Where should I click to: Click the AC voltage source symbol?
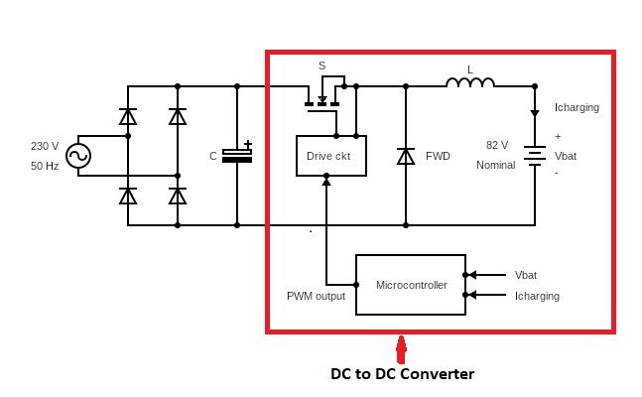click(77, 156)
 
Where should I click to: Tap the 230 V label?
click(45, 146)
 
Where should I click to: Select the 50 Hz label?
click(45, 165)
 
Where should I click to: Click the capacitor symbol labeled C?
click(237, 155)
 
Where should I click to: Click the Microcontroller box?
click(411, 285)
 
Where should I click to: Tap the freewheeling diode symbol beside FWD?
click(405, 156)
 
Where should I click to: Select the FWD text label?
click(438, 156)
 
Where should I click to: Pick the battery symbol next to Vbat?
click(535, 156)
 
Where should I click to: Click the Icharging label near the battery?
click(577, 108)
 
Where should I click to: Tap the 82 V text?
click(497, 145)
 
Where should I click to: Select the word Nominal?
click(495, 165)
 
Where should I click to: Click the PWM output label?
click(316, 296)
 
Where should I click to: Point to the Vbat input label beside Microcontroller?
click(526, 275)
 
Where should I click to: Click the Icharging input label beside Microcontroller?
click(537, 296)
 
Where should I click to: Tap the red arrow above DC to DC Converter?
click(401, 350)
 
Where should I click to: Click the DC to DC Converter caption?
click(402, 374)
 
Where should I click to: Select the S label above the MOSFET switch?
click(321, 66)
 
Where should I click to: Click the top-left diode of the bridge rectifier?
click(128, 116)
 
